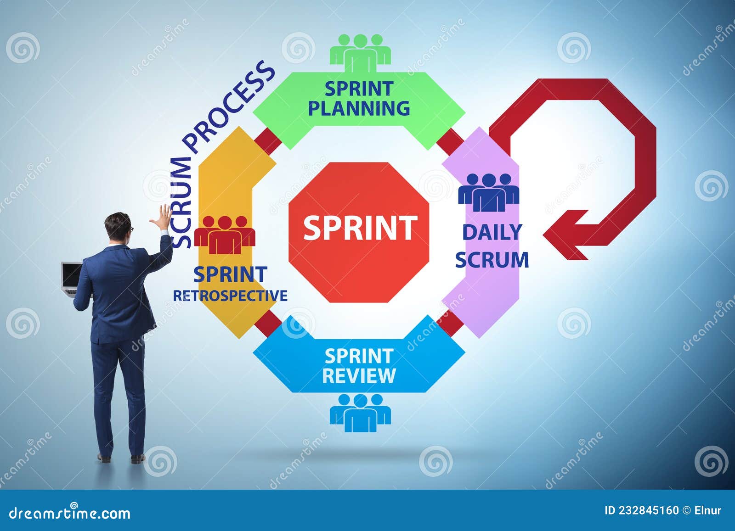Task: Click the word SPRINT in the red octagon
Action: click(360, 228)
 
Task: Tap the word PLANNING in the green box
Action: click(359, 109)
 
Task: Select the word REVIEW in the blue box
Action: click(359, 375)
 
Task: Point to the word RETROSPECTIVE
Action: click(230, 296)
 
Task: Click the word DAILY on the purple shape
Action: click(492, 232)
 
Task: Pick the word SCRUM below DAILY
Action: click(492, 260)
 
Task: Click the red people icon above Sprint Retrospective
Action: click(225, 235)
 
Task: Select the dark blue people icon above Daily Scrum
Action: click(488, 192)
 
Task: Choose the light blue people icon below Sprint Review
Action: click(360, 412)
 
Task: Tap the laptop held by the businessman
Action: click(71, 277)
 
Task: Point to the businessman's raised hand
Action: click(161, 219)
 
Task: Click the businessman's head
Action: click(118, 227)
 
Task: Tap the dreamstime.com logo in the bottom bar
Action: click(70, 513)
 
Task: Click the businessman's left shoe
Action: click(105, 457)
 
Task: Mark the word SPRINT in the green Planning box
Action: click(359, 89)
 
